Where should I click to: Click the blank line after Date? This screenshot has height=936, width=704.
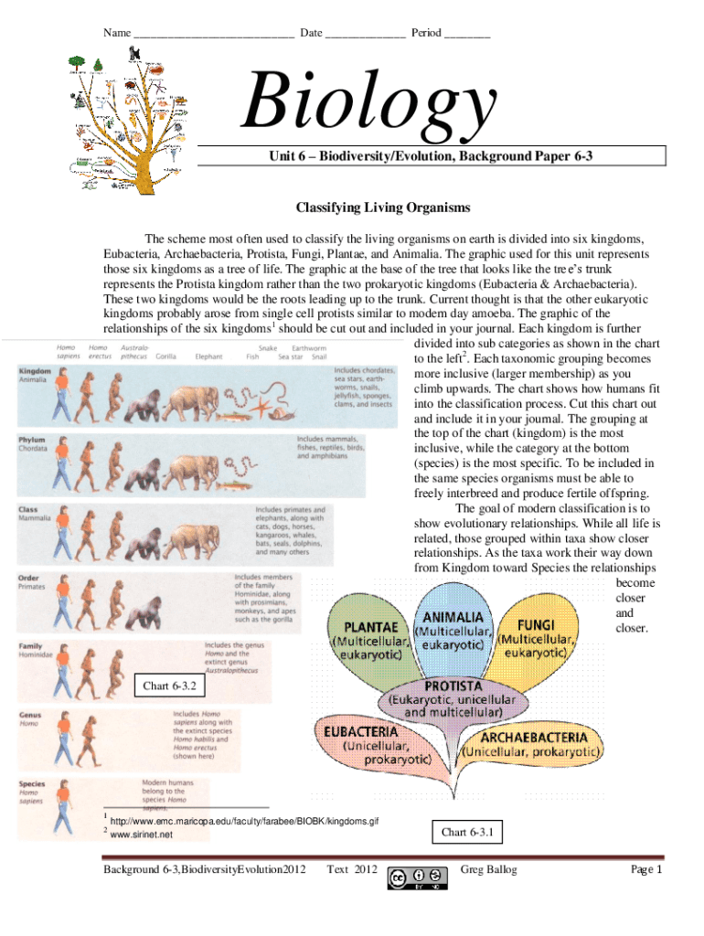click(x=364, y=35)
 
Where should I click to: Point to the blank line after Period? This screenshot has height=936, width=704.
click(x=467, y=35)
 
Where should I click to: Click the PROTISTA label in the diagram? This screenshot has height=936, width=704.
click(x=452, y=686)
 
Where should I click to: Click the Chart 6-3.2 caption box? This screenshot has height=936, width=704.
click(x=169, y=685)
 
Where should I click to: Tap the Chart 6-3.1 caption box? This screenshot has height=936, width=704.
click(x=467, y=832)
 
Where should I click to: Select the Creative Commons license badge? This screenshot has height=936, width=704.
click(x=418, y=877)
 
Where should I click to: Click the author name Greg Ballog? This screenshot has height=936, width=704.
click(x=489, y=869)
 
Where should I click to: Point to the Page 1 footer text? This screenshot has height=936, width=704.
click(x=645, y=869)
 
